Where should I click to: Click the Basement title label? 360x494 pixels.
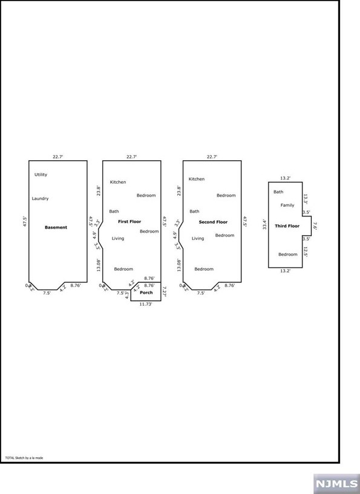pos(56,227)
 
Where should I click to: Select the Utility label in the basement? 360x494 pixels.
pos(41,175)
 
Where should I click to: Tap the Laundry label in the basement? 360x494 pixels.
pos(41,198)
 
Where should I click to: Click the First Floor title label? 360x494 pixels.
pos(129,222)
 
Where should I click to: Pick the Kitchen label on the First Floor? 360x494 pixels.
pos(118,182)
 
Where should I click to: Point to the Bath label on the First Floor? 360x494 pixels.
pos(114,211)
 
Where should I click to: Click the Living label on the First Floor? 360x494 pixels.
pos(117,238)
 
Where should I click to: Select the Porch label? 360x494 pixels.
pos(146,293)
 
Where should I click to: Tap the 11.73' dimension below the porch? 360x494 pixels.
pos(146,304)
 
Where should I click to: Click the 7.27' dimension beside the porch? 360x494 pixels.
pos(164,293)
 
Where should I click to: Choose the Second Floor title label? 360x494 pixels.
pos(213,222)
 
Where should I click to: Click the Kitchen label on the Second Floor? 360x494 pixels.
pos(197,179)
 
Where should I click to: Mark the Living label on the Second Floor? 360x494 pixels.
pos(198,238)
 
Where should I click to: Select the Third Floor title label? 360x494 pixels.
pos(287,226)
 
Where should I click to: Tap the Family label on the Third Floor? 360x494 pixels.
pos(287,205)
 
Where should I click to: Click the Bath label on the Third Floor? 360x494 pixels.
pos(278,192)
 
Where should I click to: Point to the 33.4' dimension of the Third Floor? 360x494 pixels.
pos(264,224)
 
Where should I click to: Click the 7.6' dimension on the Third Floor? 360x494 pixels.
pos(315,226)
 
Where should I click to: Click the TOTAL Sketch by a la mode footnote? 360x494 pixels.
pos(24,458)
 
